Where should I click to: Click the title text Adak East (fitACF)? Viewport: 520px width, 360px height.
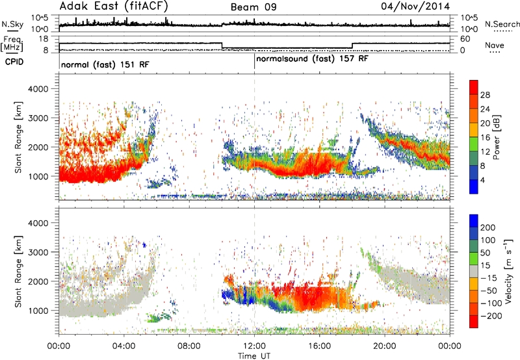114,6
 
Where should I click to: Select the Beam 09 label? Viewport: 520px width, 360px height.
253,7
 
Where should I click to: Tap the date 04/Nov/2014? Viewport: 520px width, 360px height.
415,6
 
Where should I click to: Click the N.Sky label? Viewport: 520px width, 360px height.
12,25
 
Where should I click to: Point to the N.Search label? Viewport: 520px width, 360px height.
502,24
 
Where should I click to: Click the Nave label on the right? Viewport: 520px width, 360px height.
495,45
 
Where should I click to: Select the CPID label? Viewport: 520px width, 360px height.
14,62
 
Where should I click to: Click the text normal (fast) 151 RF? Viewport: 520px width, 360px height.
105,64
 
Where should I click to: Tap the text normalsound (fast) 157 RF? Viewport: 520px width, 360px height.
312,59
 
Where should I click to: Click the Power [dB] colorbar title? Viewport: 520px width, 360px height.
496,137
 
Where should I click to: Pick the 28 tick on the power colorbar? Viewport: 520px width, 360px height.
485,95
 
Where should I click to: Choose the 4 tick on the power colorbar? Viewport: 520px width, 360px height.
482,180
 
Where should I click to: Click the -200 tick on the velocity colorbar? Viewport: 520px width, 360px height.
491,316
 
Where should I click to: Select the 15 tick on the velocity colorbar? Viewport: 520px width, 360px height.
485,265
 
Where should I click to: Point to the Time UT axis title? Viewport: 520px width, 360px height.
254,355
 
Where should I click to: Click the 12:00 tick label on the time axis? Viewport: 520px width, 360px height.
254,346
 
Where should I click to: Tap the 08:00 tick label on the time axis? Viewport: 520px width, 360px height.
189,346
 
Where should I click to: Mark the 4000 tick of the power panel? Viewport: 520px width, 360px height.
38,89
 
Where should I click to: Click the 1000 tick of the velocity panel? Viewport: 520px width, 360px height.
38,311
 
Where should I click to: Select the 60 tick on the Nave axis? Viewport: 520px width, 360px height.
465,39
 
